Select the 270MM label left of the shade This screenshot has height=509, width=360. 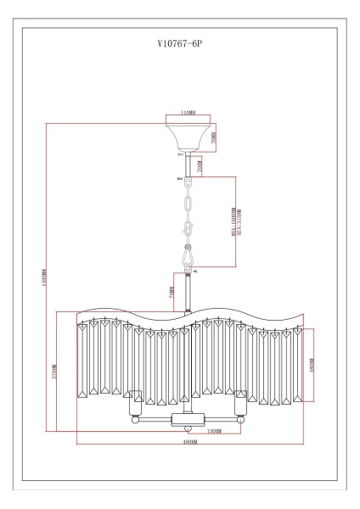[x=53, y=372]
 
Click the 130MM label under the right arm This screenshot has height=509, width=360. [x=213, y=431]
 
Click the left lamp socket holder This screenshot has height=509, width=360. [x=133, y=408]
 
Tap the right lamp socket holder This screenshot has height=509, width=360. [x=241, y=408]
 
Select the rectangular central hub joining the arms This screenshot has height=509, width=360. [x=187, y=418]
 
